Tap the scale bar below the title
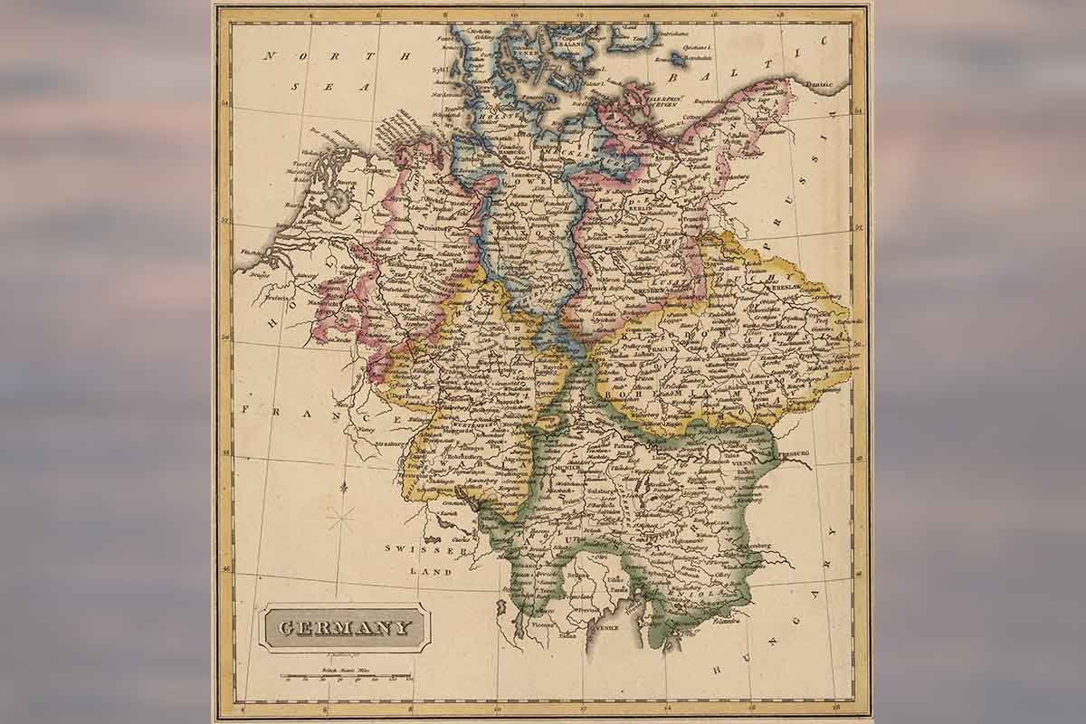(x=345, y=676)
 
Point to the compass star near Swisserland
(x=341, y=518)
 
